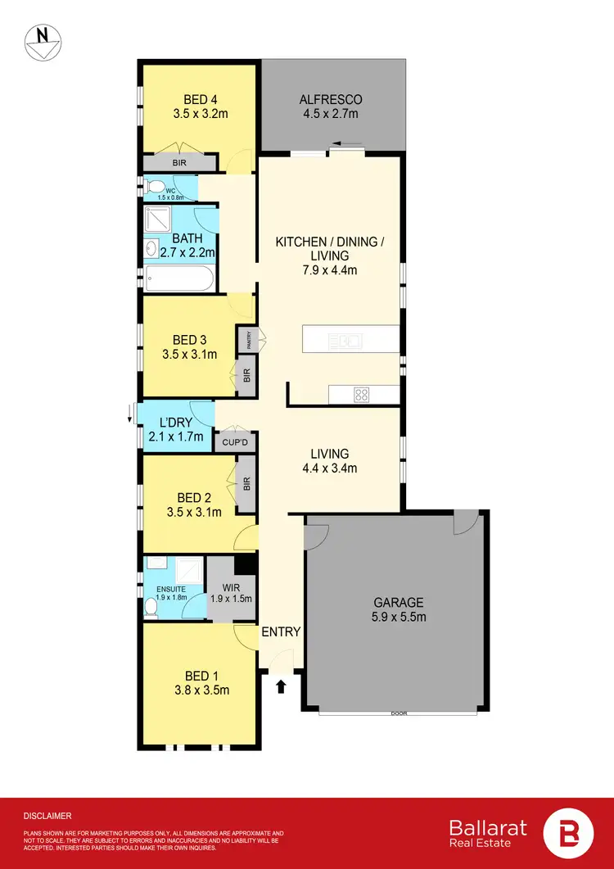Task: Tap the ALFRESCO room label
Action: (329, 100)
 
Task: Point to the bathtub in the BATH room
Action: (180, 278)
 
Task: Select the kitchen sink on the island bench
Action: (345, 339)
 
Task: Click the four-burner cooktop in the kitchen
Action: (361, 395)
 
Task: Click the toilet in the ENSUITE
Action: (151, 608)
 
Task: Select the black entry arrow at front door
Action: (281, 686)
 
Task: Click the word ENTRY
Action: (281, 631)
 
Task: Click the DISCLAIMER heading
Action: (47, 816)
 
